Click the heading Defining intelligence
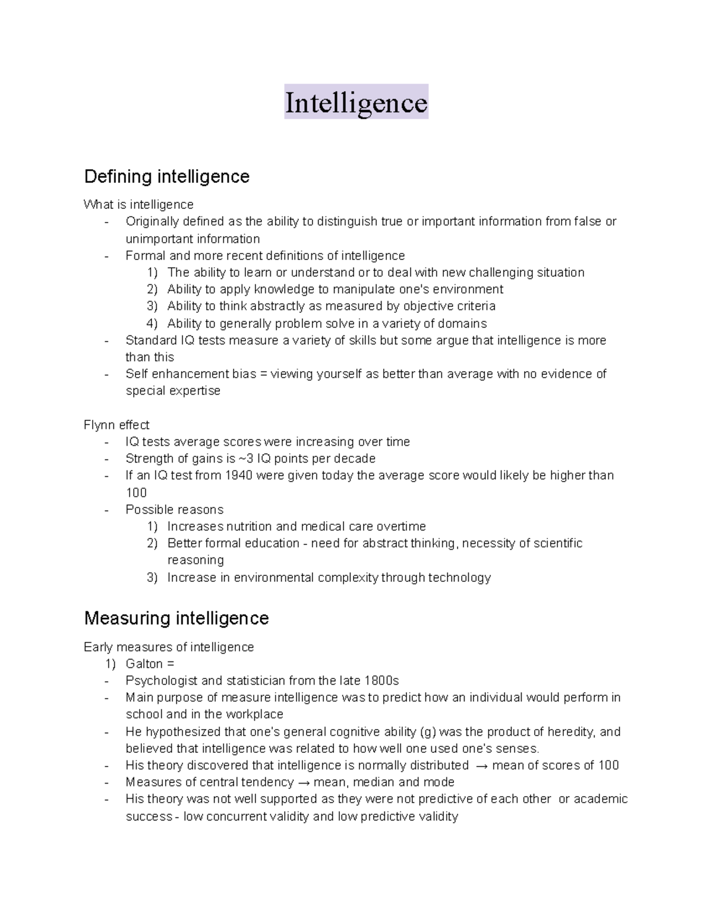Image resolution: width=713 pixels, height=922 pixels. click(x=166, y=176)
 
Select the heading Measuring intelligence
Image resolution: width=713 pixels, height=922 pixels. click(x=176, y=618)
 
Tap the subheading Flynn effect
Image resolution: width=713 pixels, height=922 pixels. click(x=116, y=425)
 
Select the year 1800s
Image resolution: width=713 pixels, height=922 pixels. click(x=381, y=680)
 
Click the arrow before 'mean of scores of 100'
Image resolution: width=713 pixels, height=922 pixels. click(x=482, y=766)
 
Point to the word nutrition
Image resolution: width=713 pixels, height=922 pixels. click(x=248, y=527)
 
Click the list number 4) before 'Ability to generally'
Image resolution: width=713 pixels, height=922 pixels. click(x=152, y=324)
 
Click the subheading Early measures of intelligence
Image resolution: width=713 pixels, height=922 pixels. click(x=169, y=647)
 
